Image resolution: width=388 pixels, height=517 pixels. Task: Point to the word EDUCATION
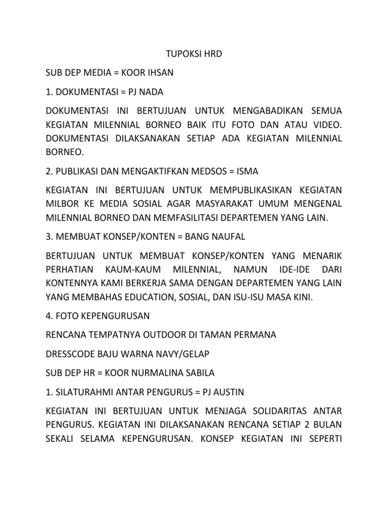tap(155, 297)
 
